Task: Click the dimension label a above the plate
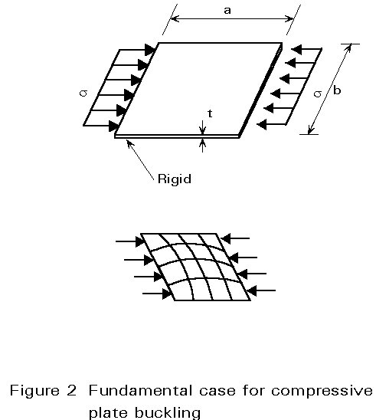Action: point(227,11)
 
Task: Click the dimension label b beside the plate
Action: point(337,90)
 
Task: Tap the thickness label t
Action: point(210,113)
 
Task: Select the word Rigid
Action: point(175,179)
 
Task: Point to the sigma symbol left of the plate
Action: point(83,93)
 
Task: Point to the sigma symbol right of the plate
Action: point(318,94)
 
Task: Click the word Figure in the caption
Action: point(34,391)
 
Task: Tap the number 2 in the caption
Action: point(72,390)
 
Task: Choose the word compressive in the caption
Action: point(322,391)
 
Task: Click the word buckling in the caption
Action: point(168,413)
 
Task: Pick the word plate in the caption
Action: point(109,413)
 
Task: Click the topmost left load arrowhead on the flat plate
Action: point(150,50)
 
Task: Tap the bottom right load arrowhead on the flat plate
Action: point(262,124)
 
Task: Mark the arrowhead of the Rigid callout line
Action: point(129,143)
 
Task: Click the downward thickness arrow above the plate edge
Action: point(203,127)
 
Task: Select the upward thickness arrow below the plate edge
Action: point(203,145)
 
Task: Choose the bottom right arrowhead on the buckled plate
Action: point(252,290)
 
